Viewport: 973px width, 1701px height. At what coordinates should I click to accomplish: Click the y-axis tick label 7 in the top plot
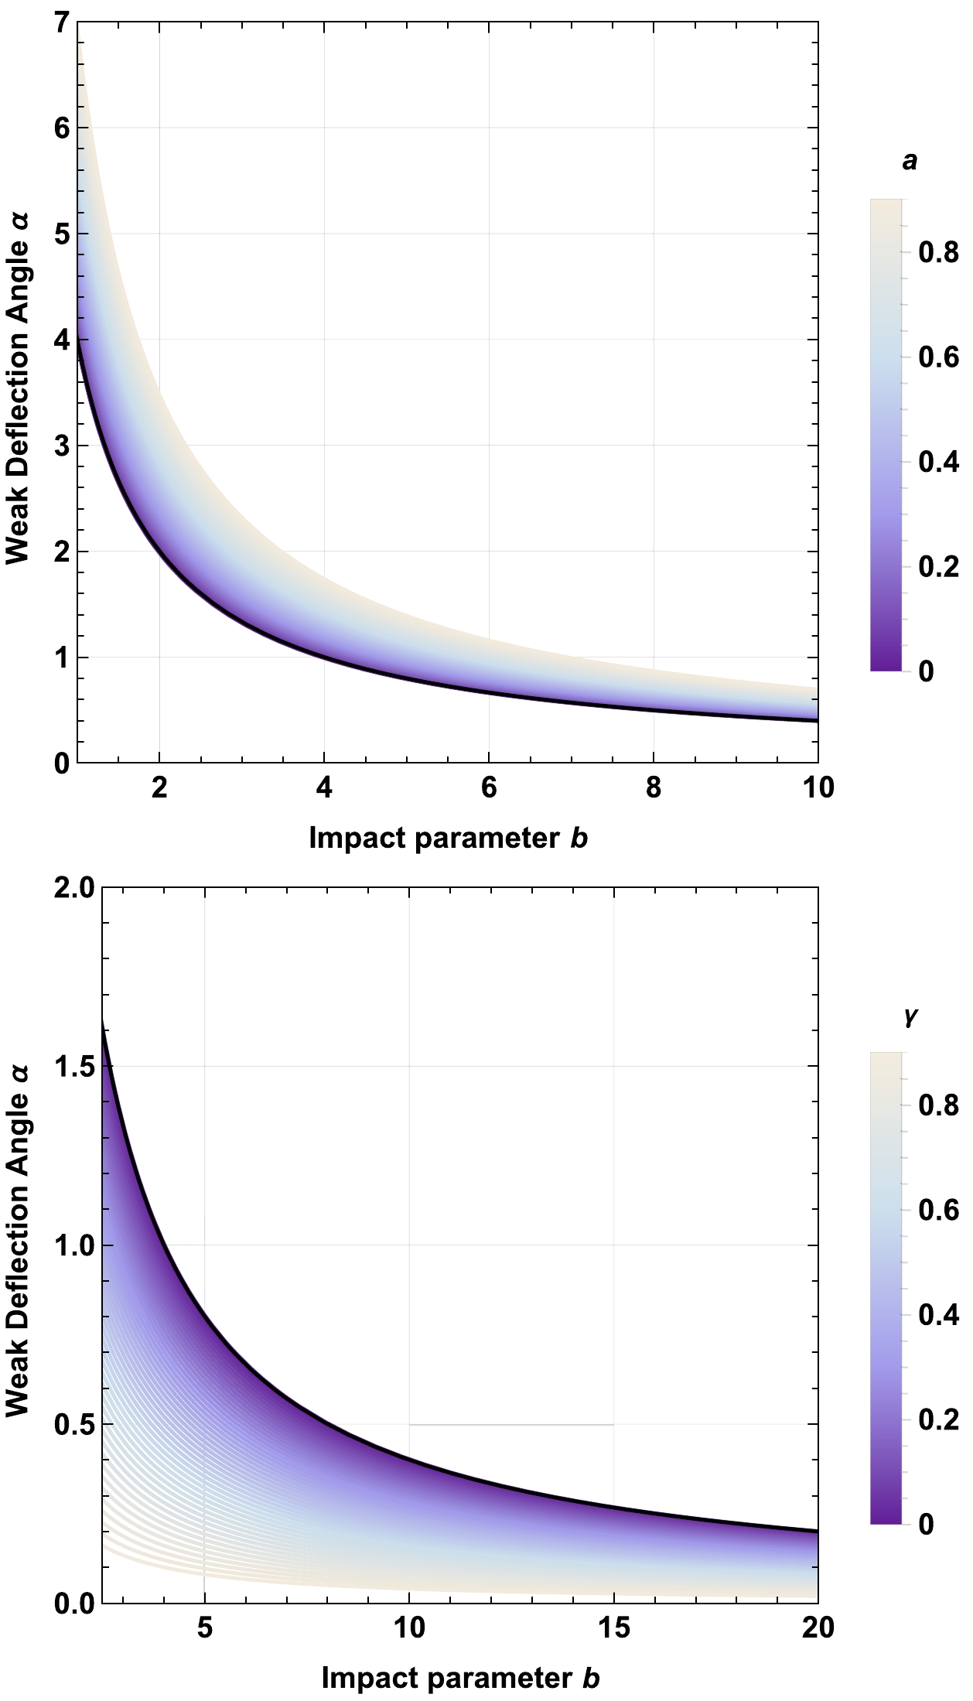[61, 23]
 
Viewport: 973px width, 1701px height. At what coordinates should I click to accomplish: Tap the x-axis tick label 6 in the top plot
[489, 788]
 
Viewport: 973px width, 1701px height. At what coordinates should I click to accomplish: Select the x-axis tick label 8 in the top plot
[654, 788]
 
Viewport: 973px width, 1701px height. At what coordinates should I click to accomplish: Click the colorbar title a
[910, 162]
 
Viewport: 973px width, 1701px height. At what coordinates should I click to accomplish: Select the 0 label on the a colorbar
[925, 671]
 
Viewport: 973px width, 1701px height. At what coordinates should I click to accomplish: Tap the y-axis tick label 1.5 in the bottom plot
[74, 1066]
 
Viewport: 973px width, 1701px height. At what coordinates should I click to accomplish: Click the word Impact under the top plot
[357, 839]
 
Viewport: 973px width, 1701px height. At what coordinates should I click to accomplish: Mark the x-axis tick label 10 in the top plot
[817, 788]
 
